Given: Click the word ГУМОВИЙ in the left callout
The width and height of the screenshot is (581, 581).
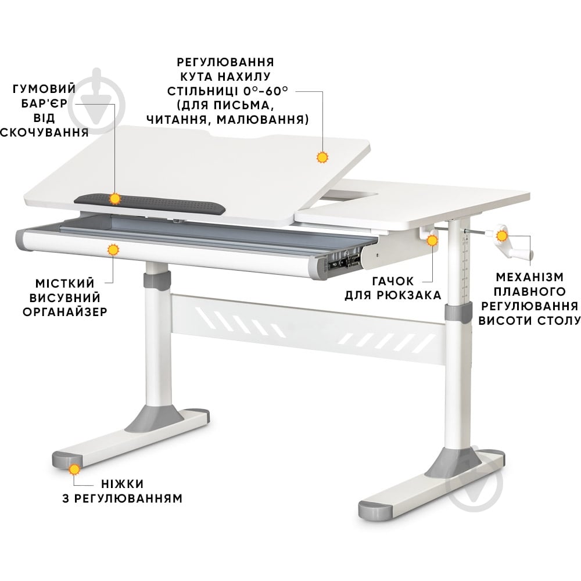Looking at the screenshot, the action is [x=44, y=89].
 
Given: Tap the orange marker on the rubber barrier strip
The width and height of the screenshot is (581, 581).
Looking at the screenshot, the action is [x=115, y=199].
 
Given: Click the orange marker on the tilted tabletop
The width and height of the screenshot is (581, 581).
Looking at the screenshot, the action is [x=322, y=157].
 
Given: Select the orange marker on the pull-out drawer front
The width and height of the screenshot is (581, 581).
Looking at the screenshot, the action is [x=113, y=250].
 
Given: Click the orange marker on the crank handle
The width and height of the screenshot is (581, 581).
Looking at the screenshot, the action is [x=502, y=236].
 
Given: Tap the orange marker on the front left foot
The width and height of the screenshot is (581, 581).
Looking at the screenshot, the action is [x=74, y=470].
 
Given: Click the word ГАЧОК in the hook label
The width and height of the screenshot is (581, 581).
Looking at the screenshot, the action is [x=393, y=281].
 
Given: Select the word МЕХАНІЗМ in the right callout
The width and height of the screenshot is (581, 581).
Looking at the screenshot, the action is [x=529, y=277].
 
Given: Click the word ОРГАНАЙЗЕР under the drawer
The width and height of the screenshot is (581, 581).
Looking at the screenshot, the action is [x=65, y=312].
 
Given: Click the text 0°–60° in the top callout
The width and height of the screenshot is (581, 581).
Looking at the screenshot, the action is [x=266, y=91].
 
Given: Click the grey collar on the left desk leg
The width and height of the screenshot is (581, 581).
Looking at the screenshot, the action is [x=158, y=281].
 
